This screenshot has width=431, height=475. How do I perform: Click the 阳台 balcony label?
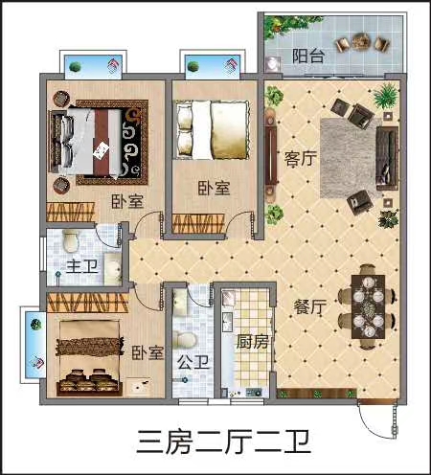[308, 56]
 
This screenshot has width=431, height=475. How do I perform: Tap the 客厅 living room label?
[301, 159]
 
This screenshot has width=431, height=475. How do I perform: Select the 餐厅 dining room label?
[309, 306]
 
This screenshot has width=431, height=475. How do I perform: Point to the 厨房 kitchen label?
[252, 342]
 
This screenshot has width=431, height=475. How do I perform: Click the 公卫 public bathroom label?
[193, 362]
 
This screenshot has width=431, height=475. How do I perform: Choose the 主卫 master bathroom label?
[82, 266]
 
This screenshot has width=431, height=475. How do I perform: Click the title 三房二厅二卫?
[223, 441]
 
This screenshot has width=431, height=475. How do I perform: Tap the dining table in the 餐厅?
[368, 306]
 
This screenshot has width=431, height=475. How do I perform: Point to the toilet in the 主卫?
[71, 241]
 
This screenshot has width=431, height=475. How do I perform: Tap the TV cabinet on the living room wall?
[270, 155]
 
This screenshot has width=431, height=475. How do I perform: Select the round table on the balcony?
[362, 41]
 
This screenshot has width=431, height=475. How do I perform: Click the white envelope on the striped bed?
[102, 150]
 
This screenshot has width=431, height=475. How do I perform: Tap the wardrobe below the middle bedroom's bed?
[198, 223]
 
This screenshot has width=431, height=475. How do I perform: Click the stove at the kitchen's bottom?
[253, 393]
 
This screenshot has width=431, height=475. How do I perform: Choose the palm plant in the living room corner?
[386, 95]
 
